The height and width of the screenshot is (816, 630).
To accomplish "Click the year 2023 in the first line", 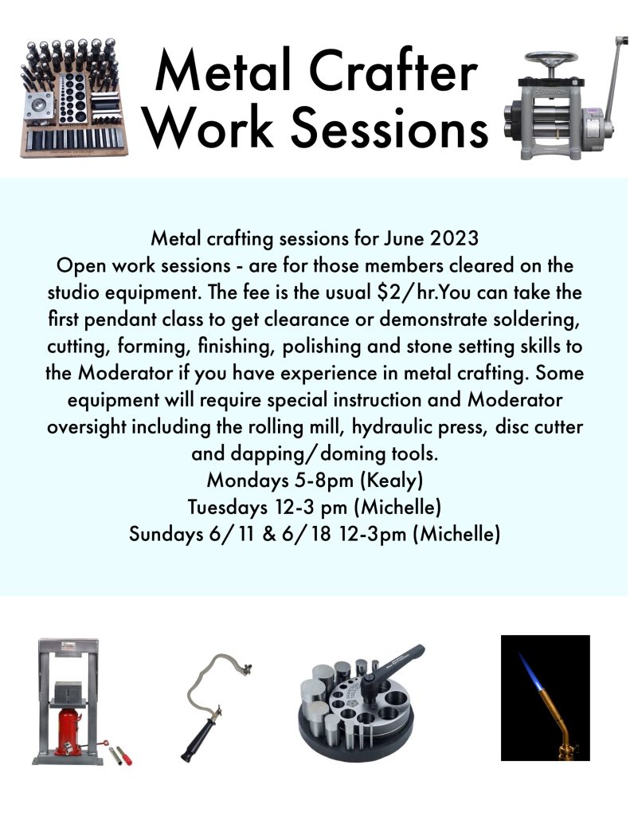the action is (454, 238).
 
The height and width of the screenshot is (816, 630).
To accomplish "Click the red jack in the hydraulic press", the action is (68, 732).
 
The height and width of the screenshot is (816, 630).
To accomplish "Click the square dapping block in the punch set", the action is (38, 108).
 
